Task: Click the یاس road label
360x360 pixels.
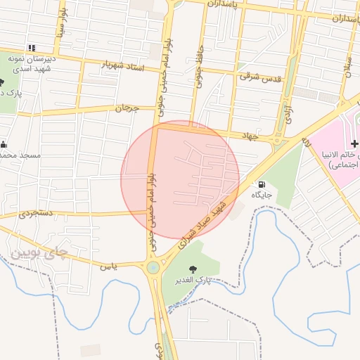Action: point(107,266)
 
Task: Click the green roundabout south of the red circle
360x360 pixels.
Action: point(153,267)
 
